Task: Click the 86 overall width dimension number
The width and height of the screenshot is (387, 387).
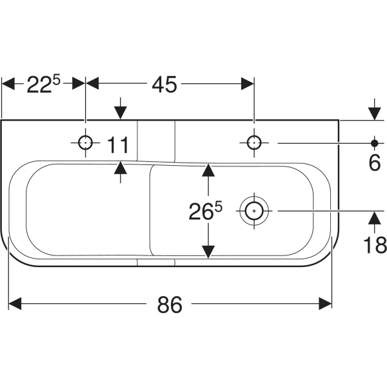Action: pyautogui.click(x=170, y=304)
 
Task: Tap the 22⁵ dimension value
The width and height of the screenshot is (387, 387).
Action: pyautogui.click(x=43, y=84)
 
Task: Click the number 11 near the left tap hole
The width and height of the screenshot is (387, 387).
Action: pyautogui.click(x=119, y=145)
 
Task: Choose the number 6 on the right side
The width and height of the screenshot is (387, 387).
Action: pyautogui.click(x=375, y=163)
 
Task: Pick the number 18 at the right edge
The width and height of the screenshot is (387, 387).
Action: pyautogui.click(x=375, y=244)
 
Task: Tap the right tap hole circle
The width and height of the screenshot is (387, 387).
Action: pyautogui.click(x=254, y=143)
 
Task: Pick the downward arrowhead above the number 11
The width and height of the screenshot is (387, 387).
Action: pyautogui.click(x=119, y=112)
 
